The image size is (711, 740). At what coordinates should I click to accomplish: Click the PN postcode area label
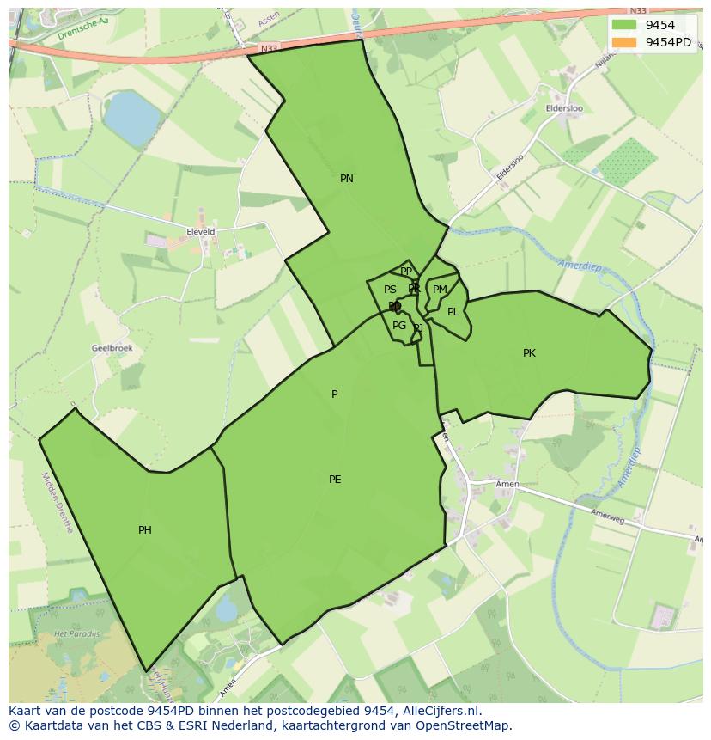(347, 179)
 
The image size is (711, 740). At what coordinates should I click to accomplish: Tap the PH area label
(145, 530)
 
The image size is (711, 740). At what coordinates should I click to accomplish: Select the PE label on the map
(335, 480)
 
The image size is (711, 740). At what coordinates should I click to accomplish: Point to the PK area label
(529, 353)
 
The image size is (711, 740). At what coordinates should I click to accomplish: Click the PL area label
(453, 312)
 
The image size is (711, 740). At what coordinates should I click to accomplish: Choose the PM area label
(440, 290)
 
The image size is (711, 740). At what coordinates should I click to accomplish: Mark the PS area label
(390, 290)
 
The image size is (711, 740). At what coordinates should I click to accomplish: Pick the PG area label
(399, 326)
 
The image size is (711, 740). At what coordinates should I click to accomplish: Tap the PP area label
(406, 272)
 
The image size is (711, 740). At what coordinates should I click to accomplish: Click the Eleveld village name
(201, 232)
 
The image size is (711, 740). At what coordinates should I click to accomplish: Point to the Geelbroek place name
(112, 348)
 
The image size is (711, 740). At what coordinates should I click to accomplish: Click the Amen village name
(507, 485)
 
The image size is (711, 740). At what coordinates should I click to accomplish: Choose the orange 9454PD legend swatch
(624, 42)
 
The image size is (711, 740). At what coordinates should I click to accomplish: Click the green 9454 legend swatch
(624, 25)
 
